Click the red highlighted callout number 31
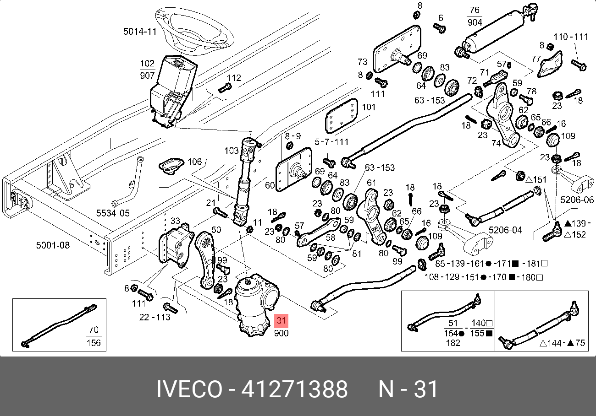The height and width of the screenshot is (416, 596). tap(281, 321)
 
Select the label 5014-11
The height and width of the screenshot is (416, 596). tap(140, 31)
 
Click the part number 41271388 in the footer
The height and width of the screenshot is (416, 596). tap(294, 389)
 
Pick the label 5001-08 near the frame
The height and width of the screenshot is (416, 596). tap(53, 245)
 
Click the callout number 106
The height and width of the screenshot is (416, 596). tap(194, 162)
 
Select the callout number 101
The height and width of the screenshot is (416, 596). tap(368, 108)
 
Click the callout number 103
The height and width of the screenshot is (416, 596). tap(232, 150)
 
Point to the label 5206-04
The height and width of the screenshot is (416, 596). tap(505, 230)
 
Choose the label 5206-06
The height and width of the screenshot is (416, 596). tap(577, 200)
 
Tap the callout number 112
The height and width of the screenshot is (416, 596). tap(234, 78)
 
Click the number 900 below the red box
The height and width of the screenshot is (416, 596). tap(281, 333)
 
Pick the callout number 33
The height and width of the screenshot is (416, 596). tap(176, 222)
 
